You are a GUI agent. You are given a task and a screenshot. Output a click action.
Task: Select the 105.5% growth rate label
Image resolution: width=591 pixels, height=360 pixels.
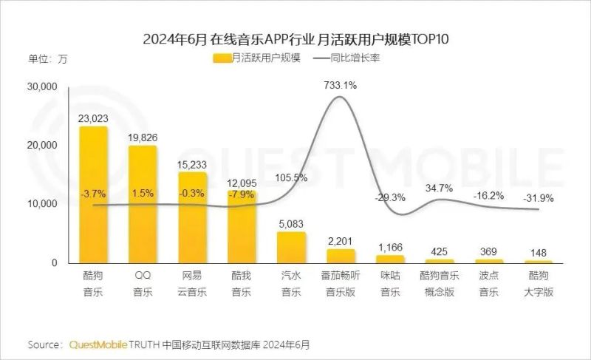(291, 177)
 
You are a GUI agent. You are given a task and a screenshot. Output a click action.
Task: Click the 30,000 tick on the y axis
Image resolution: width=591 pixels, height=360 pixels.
(41, 87)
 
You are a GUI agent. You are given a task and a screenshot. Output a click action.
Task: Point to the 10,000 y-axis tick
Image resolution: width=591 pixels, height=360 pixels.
(41, 204)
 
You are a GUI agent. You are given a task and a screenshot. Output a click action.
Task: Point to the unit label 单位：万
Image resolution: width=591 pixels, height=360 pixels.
(47, 58)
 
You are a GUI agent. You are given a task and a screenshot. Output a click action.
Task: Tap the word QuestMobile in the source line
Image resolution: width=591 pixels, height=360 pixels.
(98, 344)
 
